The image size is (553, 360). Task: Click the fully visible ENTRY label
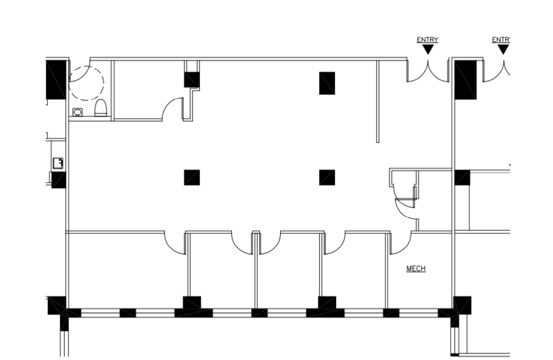click(427, 40)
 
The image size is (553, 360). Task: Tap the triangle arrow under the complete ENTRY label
click(428, 50)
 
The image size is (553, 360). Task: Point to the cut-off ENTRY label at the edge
click(501, 40)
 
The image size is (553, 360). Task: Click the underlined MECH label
click(416, 268)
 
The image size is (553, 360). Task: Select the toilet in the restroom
click(101, 108)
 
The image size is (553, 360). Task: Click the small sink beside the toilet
click(77, 112)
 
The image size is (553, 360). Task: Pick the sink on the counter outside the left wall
click(58, 163)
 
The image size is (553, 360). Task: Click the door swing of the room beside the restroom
click(173, 110)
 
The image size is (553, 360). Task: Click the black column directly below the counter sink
click(58, 180)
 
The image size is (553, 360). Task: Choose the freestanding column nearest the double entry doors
click(327, 83)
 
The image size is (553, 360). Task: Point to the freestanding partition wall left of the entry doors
click(377, 101)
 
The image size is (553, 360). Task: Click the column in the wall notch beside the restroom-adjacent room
click(192, 79)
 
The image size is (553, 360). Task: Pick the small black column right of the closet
click(462, 177)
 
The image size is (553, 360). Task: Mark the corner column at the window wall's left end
click(57, 305)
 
